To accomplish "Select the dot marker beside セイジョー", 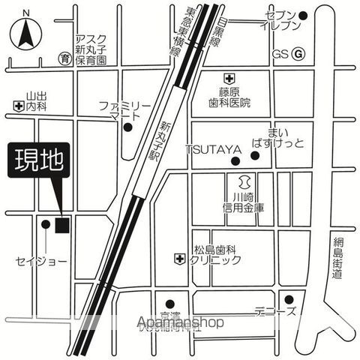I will click(x=46, y=223).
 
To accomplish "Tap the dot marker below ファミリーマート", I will click(x=127, y=127).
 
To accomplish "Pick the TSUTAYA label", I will click(x=214, y=150).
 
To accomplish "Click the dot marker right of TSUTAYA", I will click(x=255, y=156).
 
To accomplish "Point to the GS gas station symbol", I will click(x=298, y=54).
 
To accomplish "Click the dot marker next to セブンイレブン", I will click(x=303, y=15).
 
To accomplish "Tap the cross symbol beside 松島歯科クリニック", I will click(x=178, y=259).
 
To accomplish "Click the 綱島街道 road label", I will click(x=338, y=259).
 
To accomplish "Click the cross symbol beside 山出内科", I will click(x=17, y=106).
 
